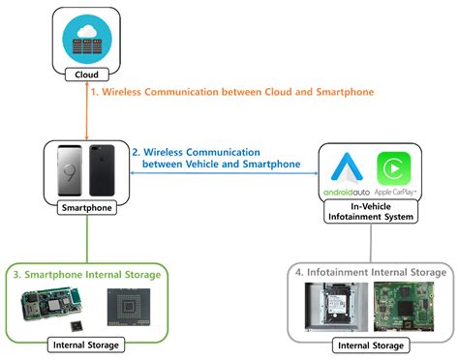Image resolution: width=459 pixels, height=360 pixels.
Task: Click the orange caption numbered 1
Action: coord(231,92)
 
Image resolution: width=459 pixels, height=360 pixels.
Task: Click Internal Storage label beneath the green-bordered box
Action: coord(85,344)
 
